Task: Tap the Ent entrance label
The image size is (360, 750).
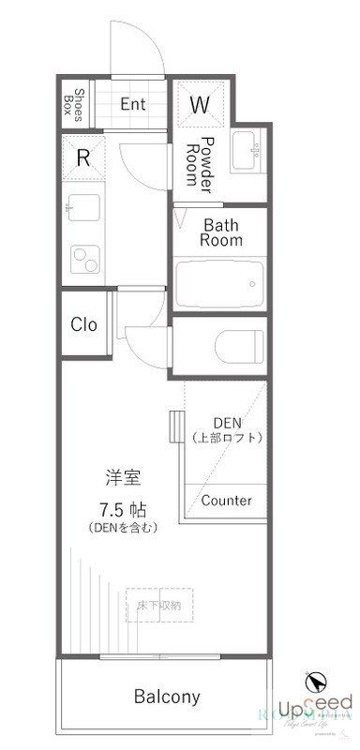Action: click(x=132, y=103)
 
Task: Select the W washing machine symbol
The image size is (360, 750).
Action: click(x=199, y=105)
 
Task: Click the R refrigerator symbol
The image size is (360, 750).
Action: click(x=82, y=158)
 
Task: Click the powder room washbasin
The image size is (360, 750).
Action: click(x=248, y=150)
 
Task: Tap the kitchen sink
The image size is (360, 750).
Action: click(x=82, y=204)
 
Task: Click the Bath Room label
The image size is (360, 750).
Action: click(x=222, y=232)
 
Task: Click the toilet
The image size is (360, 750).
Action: click(x=236, y=346)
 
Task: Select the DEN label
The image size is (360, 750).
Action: click(x=228, y=422)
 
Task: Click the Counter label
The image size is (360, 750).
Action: click(x=226, y=501)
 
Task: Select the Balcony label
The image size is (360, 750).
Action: click(x=167, y=697)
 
